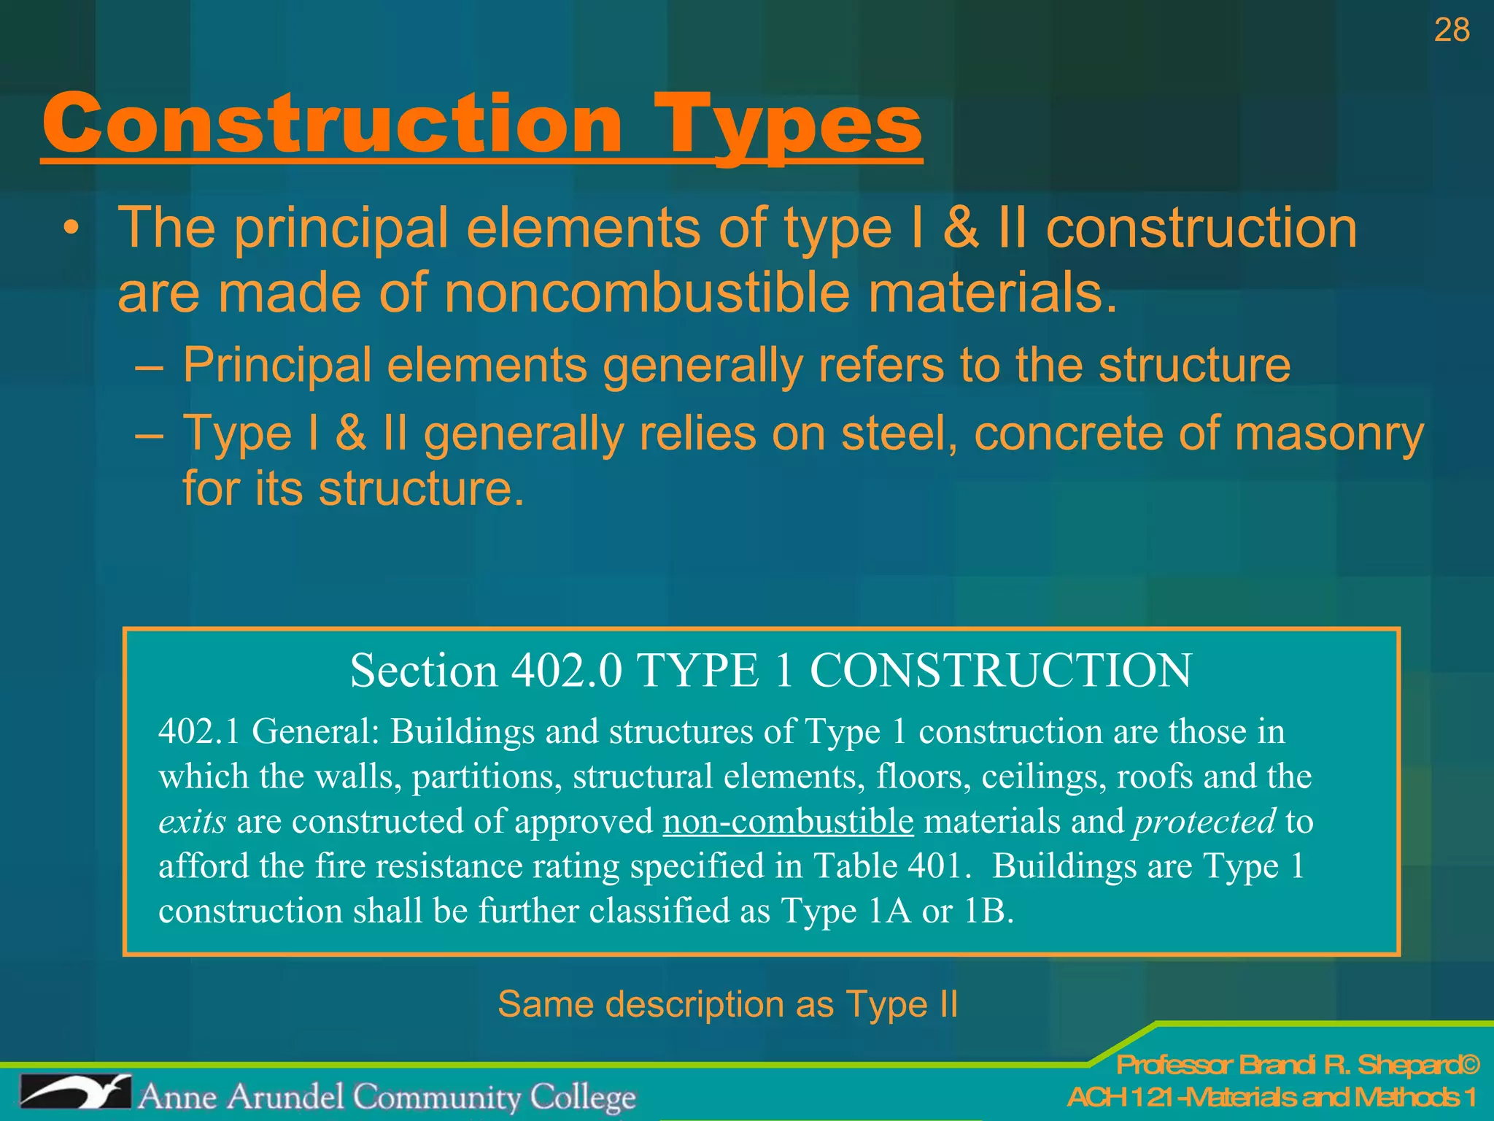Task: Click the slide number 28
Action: coord(1451,31)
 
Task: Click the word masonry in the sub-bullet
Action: coord(1328,434)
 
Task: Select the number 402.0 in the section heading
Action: coord(567,670)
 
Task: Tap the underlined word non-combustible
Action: coord(788,822)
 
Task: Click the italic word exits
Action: coord(192,822)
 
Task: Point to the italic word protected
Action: coord(1204,822)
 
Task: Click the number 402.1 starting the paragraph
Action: coord(198,731)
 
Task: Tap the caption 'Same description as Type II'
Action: coord(727,1004)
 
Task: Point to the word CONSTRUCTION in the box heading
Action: coord(1001,670)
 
